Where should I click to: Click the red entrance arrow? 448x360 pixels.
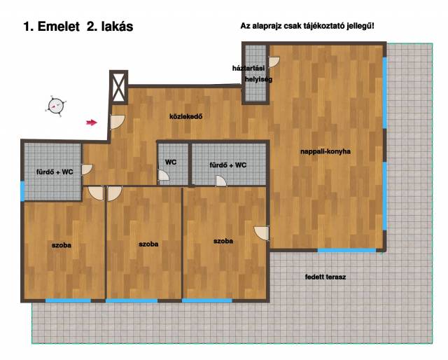92,123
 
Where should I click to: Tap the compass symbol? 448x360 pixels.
55,106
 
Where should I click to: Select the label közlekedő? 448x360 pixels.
186,116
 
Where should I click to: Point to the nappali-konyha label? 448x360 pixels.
325,151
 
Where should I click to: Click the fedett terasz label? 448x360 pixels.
325,277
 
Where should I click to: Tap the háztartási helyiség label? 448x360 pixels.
252,74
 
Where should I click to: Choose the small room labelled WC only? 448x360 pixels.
173,164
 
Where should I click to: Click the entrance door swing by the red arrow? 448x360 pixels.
118,122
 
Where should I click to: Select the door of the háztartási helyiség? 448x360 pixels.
274,62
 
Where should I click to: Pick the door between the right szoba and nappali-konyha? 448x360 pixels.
262,233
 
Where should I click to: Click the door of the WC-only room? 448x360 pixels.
164,175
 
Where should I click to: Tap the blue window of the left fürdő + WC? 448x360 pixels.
22,191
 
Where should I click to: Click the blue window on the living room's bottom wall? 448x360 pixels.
346,251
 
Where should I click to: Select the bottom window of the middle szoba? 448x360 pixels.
132,300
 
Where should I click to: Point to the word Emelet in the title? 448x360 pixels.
59,27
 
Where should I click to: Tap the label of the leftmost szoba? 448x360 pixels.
62,245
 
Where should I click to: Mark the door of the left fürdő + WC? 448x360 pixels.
87,169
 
